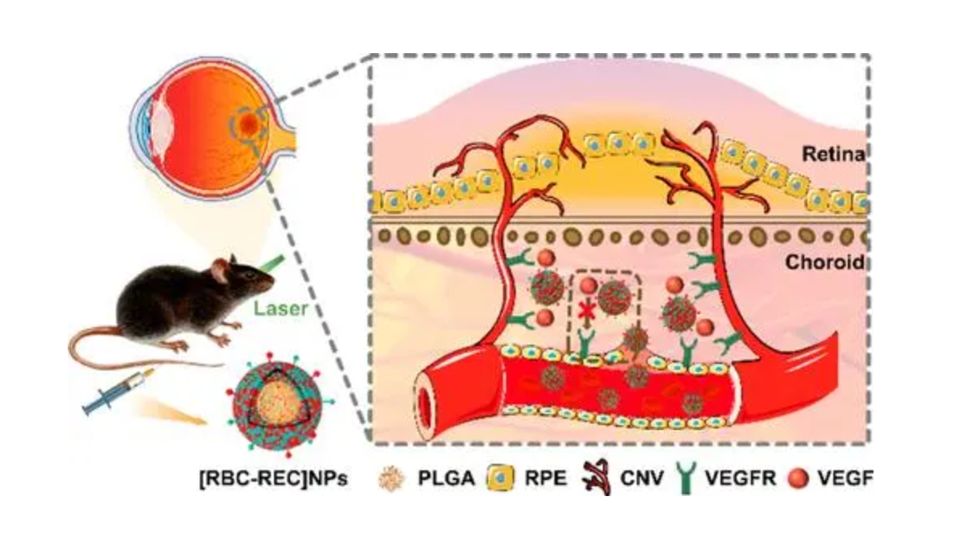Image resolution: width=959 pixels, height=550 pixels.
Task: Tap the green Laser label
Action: (x=277, y=308)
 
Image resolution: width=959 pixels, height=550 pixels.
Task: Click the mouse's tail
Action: (x=121, y=346)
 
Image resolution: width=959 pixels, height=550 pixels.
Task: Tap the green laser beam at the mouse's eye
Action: (x=272, y=263)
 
